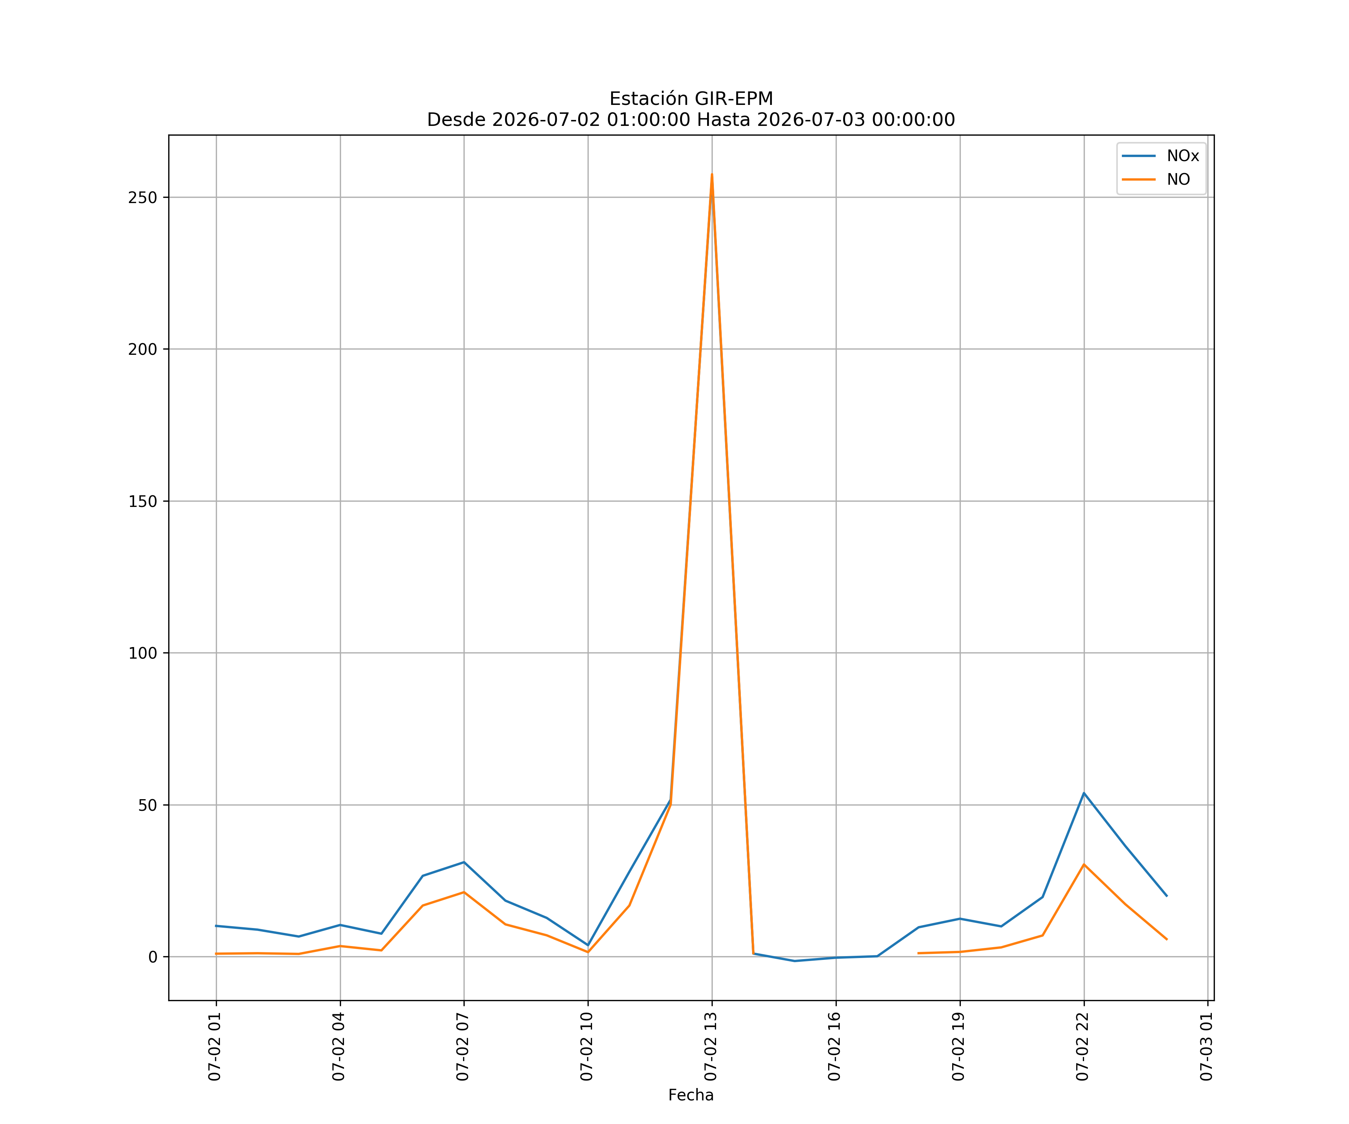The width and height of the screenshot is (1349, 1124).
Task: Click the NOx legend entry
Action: tap(1160, 156)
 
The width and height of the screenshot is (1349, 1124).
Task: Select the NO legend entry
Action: tap(1156, 179)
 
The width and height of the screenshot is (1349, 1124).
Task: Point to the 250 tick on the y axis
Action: tap(143, 197)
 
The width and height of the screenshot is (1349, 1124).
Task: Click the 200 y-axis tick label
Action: tap(143, 350)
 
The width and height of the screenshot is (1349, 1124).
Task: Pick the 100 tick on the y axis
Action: tap(143, 653)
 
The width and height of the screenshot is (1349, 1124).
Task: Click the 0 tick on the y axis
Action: tap(153, 957)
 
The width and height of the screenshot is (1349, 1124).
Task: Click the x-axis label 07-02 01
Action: tap(215, 1046)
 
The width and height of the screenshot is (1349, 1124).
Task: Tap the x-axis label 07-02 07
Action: tap(462, 1046)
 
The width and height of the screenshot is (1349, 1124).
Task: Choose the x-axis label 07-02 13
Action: tap(710, 1046)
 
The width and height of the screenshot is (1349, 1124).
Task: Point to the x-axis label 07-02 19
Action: tap(959, 1046)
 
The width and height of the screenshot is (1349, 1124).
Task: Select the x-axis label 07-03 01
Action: tap(1206, 1046)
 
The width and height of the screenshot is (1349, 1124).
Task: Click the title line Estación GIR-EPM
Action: tap(691, 99)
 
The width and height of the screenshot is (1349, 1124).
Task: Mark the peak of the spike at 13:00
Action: tap(712, 174)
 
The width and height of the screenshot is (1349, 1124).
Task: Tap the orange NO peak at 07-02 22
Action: tap(1084, 864)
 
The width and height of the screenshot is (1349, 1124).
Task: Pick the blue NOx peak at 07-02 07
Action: tap(464, 862)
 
